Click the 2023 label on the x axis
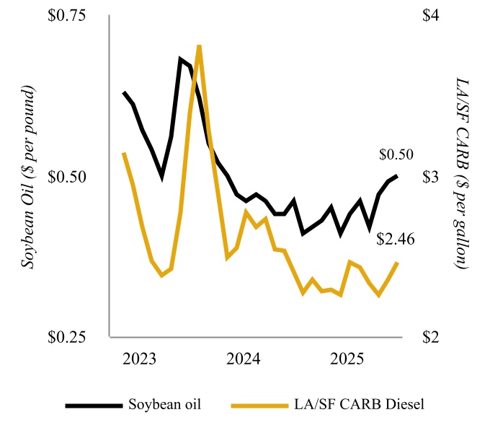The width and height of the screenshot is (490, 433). (x=141, y=359)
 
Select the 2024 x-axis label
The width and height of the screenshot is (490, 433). (x=244, y=359)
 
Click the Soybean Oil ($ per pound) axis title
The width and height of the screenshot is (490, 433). (x=28, y=178)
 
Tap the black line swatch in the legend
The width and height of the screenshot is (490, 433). (x=93, y=405)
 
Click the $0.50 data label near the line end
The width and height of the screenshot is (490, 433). (x=396, y=154)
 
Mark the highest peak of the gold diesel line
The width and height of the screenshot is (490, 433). (x=199, y=46)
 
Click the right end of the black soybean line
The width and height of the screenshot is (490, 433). (x=397, y=175)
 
